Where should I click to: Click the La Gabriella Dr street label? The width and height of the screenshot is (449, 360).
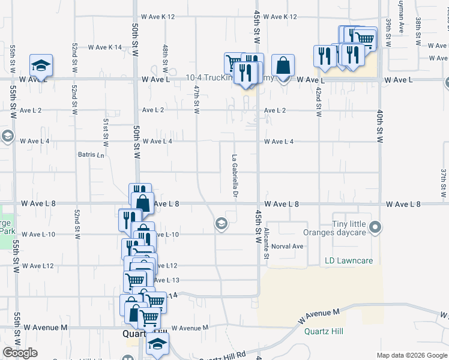pos(235,175)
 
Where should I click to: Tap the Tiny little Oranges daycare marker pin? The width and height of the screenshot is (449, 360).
pos(376,227)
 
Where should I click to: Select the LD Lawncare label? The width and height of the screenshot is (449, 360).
pos(349,261)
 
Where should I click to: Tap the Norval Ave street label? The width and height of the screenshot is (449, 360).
pos(288,246)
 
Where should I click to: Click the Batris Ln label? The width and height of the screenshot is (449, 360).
pos(91,154)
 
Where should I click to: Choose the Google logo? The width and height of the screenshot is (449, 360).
pos(20,353)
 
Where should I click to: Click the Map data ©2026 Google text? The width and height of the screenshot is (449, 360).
pos(411,355)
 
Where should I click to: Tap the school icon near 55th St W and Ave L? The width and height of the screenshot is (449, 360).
pos(41,65)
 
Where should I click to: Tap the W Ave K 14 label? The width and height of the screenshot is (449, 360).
pos(105,47)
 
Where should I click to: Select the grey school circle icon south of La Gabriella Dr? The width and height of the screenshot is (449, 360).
pos(221,224)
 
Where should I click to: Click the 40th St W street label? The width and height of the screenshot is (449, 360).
pos(380,126)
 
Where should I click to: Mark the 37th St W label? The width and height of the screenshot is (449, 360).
pos(444,182)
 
